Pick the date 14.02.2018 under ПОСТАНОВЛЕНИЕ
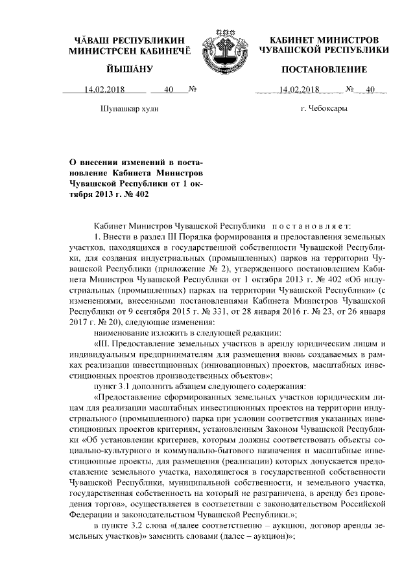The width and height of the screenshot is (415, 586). coord(298,90)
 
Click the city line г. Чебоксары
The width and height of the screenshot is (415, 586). coord(324,109)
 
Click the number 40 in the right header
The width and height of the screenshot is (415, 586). coord(371,90)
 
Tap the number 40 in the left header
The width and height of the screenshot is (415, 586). coord(169,90)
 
